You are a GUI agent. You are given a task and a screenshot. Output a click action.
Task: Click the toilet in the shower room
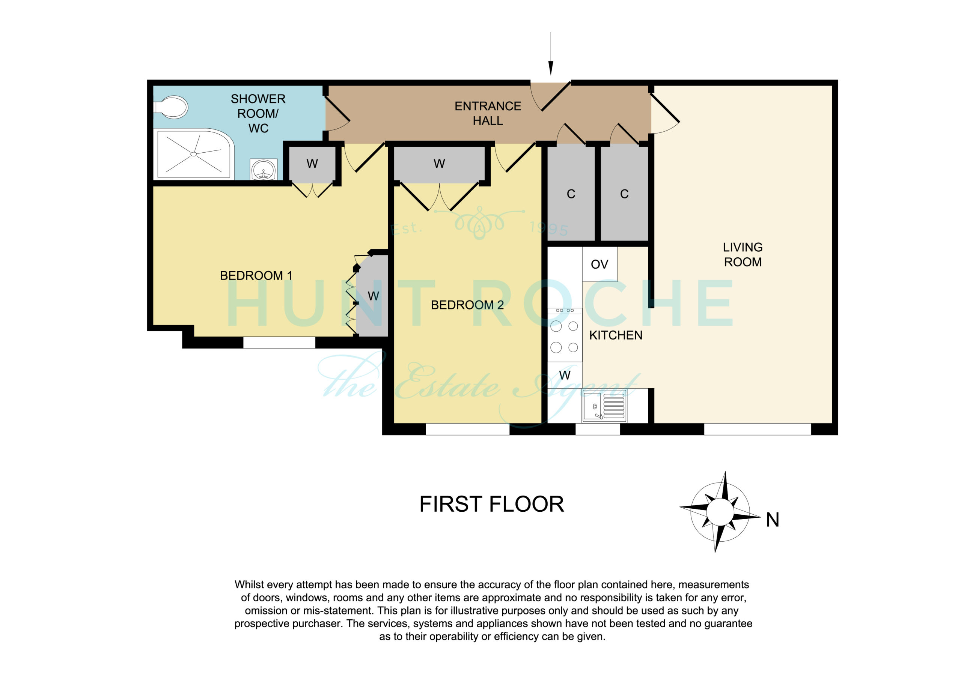171,107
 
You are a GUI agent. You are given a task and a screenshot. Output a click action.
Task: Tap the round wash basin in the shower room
264,170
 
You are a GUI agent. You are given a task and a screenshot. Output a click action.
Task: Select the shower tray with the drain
194,154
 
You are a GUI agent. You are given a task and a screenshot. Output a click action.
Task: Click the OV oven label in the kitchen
599,264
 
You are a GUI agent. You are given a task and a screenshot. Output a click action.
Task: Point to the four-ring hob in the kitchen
565,335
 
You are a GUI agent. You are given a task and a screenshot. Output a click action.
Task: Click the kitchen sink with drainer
604,406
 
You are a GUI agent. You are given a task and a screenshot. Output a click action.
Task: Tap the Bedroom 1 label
256,276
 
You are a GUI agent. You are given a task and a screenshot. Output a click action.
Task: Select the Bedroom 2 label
467,305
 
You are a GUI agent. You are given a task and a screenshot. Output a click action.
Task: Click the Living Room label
743,254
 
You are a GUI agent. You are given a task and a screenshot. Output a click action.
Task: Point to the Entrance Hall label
488,113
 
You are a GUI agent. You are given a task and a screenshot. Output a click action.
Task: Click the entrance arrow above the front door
551,54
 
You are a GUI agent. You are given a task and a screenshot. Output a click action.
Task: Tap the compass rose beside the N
720,512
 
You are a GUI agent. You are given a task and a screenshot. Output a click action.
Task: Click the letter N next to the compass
773,520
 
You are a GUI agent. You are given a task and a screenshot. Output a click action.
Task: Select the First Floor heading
492,504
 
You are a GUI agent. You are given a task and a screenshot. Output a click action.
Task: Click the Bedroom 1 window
279,343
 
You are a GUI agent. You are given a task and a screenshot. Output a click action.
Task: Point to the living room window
758,429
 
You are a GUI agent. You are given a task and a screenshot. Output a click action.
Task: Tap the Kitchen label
616,335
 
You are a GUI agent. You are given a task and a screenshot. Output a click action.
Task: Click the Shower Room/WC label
258,114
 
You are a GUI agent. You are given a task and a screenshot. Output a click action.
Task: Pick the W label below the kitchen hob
565,375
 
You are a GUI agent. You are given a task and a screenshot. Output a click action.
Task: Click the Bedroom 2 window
467,429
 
